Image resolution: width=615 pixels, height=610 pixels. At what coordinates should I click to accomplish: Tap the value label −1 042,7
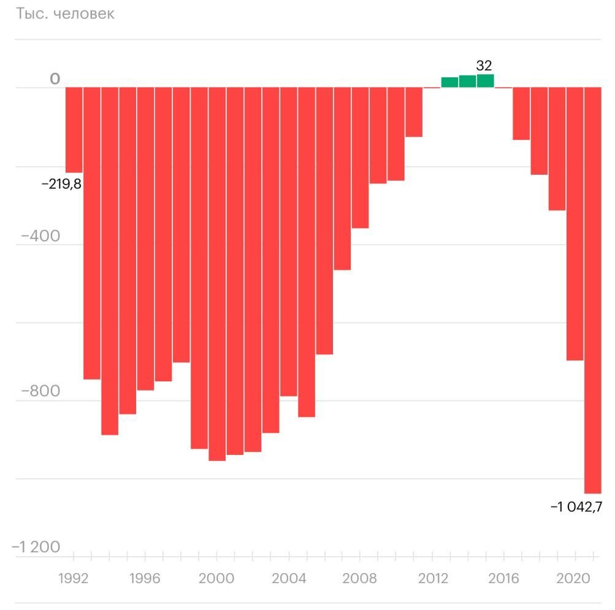tap(577, 506)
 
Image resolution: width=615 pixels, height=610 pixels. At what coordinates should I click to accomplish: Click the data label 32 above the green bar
tap(484, 66)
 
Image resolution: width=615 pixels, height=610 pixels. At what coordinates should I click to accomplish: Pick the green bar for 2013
tap(449, 82)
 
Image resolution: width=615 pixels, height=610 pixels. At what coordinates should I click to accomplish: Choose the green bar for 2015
tap(485, 81)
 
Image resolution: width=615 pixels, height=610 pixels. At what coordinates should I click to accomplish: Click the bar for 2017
tap(521, 113)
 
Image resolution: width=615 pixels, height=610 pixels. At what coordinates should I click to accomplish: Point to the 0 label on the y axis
tap(55, 79)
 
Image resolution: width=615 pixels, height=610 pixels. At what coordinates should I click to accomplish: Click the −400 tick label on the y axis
tap(40, 236)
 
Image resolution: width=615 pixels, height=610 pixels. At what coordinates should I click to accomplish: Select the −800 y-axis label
tap(40, 392)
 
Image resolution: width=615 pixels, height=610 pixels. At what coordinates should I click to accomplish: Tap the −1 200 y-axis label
tap(36, 547)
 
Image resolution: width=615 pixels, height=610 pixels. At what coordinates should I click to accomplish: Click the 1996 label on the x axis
tap(145, 578)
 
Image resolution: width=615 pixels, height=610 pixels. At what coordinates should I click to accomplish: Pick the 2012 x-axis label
tap(432, 578)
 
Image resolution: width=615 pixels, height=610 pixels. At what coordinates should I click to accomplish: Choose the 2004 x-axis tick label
tap(288, 578)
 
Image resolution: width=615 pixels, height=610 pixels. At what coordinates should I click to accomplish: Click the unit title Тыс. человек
tap(65, 14)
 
